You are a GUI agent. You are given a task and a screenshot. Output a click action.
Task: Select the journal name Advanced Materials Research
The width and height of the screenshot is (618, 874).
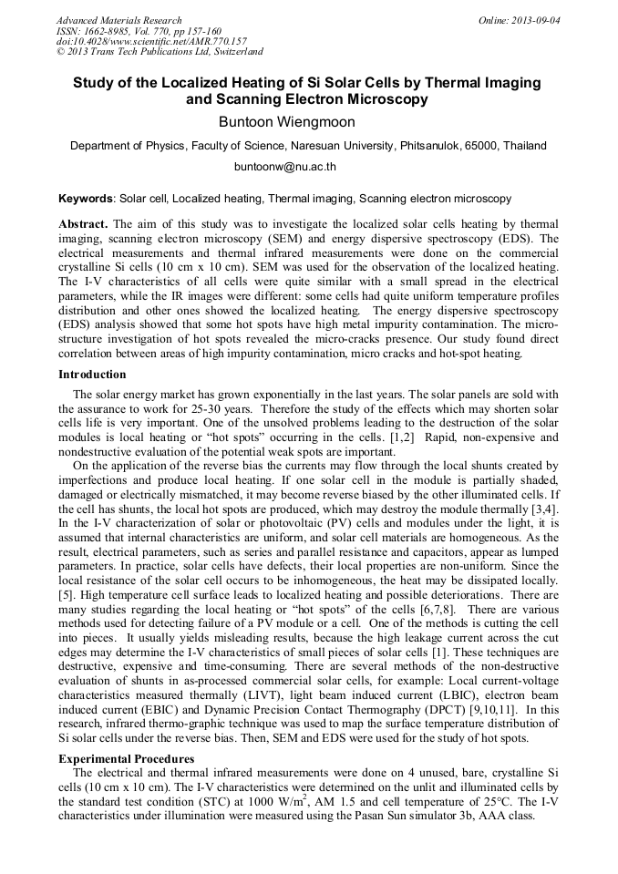tap(119, 19)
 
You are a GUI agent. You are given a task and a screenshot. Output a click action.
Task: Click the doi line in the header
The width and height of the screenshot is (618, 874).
tap(151, 41)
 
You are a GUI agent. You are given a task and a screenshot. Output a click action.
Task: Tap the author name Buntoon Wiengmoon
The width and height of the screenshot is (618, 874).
tap(285, 122)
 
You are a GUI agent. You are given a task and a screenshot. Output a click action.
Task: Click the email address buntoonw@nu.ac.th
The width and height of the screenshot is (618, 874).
tap(285, 167)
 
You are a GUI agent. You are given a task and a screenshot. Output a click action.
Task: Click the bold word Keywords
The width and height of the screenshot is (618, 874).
tap(86, 198)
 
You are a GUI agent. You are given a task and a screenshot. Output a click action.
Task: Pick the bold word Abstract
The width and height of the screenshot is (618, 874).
tap(83, 223)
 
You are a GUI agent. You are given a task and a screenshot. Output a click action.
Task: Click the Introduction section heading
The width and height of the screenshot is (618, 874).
tap(92, 374)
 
